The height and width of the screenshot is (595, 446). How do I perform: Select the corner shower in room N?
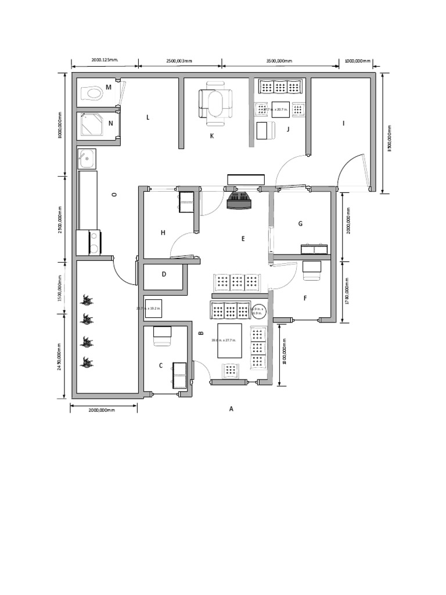(91, 124)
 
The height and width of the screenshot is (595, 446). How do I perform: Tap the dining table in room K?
(215, 105)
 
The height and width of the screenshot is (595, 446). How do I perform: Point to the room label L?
(148, 117)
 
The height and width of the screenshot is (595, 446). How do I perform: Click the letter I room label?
(343, 123)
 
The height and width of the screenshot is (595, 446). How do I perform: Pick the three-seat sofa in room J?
(280, 87)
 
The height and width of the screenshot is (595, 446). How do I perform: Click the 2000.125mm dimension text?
(105, 60)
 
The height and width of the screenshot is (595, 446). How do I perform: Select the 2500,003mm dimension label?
(179, 60)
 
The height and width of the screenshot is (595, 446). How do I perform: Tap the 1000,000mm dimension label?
(357, 60)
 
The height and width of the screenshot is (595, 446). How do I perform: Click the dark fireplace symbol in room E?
(239, 200)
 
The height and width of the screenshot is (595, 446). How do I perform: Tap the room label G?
(300, 224)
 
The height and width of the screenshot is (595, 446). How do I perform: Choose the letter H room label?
(163, 232)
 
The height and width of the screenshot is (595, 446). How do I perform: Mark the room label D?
(164, 274)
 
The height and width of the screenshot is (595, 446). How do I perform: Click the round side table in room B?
(258, 311)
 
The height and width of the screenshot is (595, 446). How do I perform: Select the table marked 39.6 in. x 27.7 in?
(229, 340)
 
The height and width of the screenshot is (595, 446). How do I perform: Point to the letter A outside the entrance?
(231, 408)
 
